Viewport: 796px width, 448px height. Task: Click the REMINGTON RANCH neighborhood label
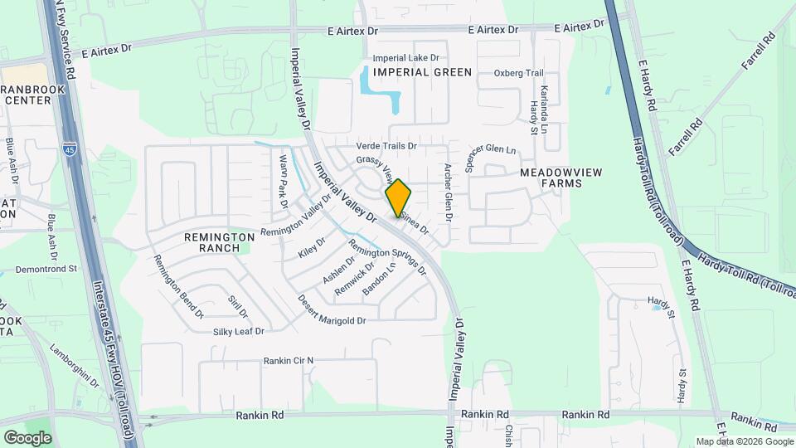[219, 242]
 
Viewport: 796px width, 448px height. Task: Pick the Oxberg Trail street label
[518, 73]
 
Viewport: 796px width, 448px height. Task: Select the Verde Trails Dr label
[386, 146]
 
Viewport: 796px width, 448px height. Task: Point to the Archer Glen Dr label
[448, 192]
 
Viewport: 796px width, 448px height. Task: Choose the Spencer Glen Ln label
[490, 153]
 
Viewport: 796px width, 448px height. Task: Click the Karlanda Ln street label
[544, 110]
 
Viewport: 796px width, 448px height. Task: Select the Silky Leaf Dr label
[238, 331]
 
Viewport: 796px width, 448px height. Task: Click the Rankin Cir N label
[289, 360]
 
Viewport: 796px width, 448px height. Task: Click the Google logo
[27, 437]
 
